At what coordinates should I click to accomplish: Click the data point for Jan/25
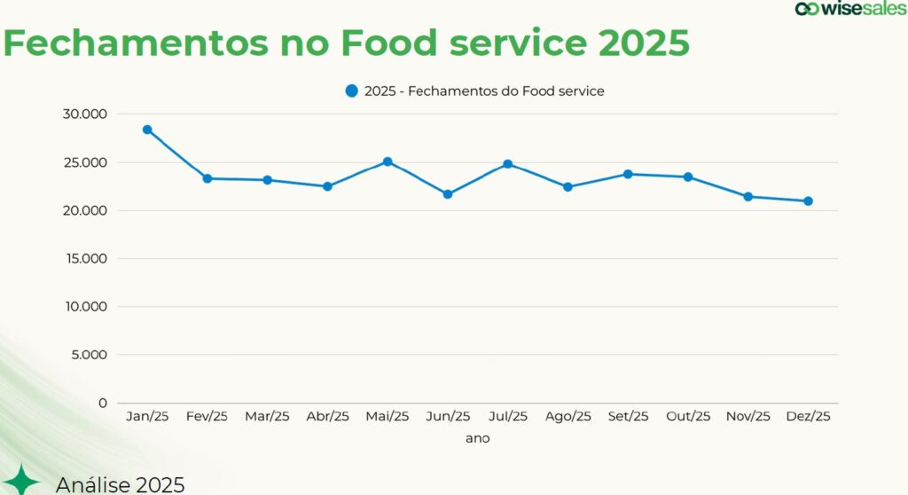coord(147,130)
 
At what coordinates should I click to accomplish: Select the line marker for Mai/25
coord(387,161)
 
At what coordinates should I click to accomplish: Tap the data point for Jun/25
coord(448,193)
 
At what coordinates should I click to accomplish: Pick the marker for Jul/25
coord(508,164)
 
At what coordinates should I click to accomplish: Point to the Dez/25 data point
coord(808,200)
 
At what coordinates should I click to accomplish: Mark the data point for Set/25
coord(628,174)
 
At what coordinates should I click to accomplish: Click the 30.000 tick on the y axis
coord(85,114)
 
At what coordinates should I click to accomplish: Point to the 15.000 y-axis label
coord(85,258)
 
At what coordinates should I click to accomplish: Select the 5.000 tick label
coord(89,355)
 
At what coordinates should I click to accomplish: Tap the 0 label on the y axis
coord(103,403)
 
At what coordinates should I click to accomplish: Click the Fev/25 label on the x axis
coord(207,417)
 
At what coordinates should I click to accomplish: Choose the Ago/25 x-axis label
coord(567,417)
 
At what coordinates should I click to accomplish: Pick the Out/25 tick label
coord(688,417)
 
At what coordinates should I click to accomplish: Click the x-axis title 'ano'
coord(477,438)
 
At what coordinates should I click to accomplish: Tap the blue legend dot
coord(351,90)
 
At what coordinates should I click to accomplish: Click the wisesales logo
coord(850,9)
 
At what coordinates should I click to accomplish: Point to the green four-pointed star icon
coord(21,481)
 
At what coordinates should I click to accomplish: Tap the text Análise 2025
coord(120,484)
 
